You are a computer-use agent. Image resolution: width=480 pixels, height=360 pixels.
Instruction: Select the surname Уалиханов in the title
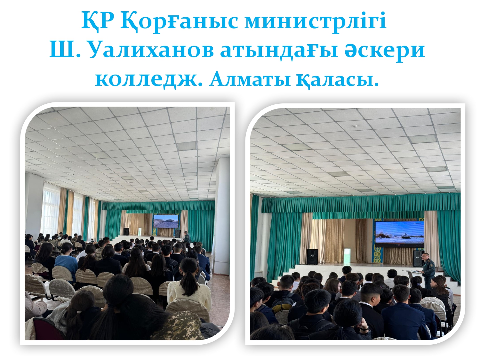coord(151,51)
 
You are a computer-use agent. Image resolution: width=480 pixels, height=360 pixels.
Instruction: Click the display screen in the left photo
coord(166,221)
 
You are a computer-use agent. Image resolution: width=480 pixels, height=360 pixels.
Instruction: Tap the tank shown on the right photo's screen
coord(403,236)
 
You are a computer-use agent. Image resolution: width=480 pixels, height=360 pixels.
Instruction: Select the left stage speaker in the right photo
coord(312,257)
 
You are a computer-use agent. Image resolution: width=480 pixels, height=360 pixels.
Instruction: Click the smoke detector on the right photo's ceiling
coord(355,126)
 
